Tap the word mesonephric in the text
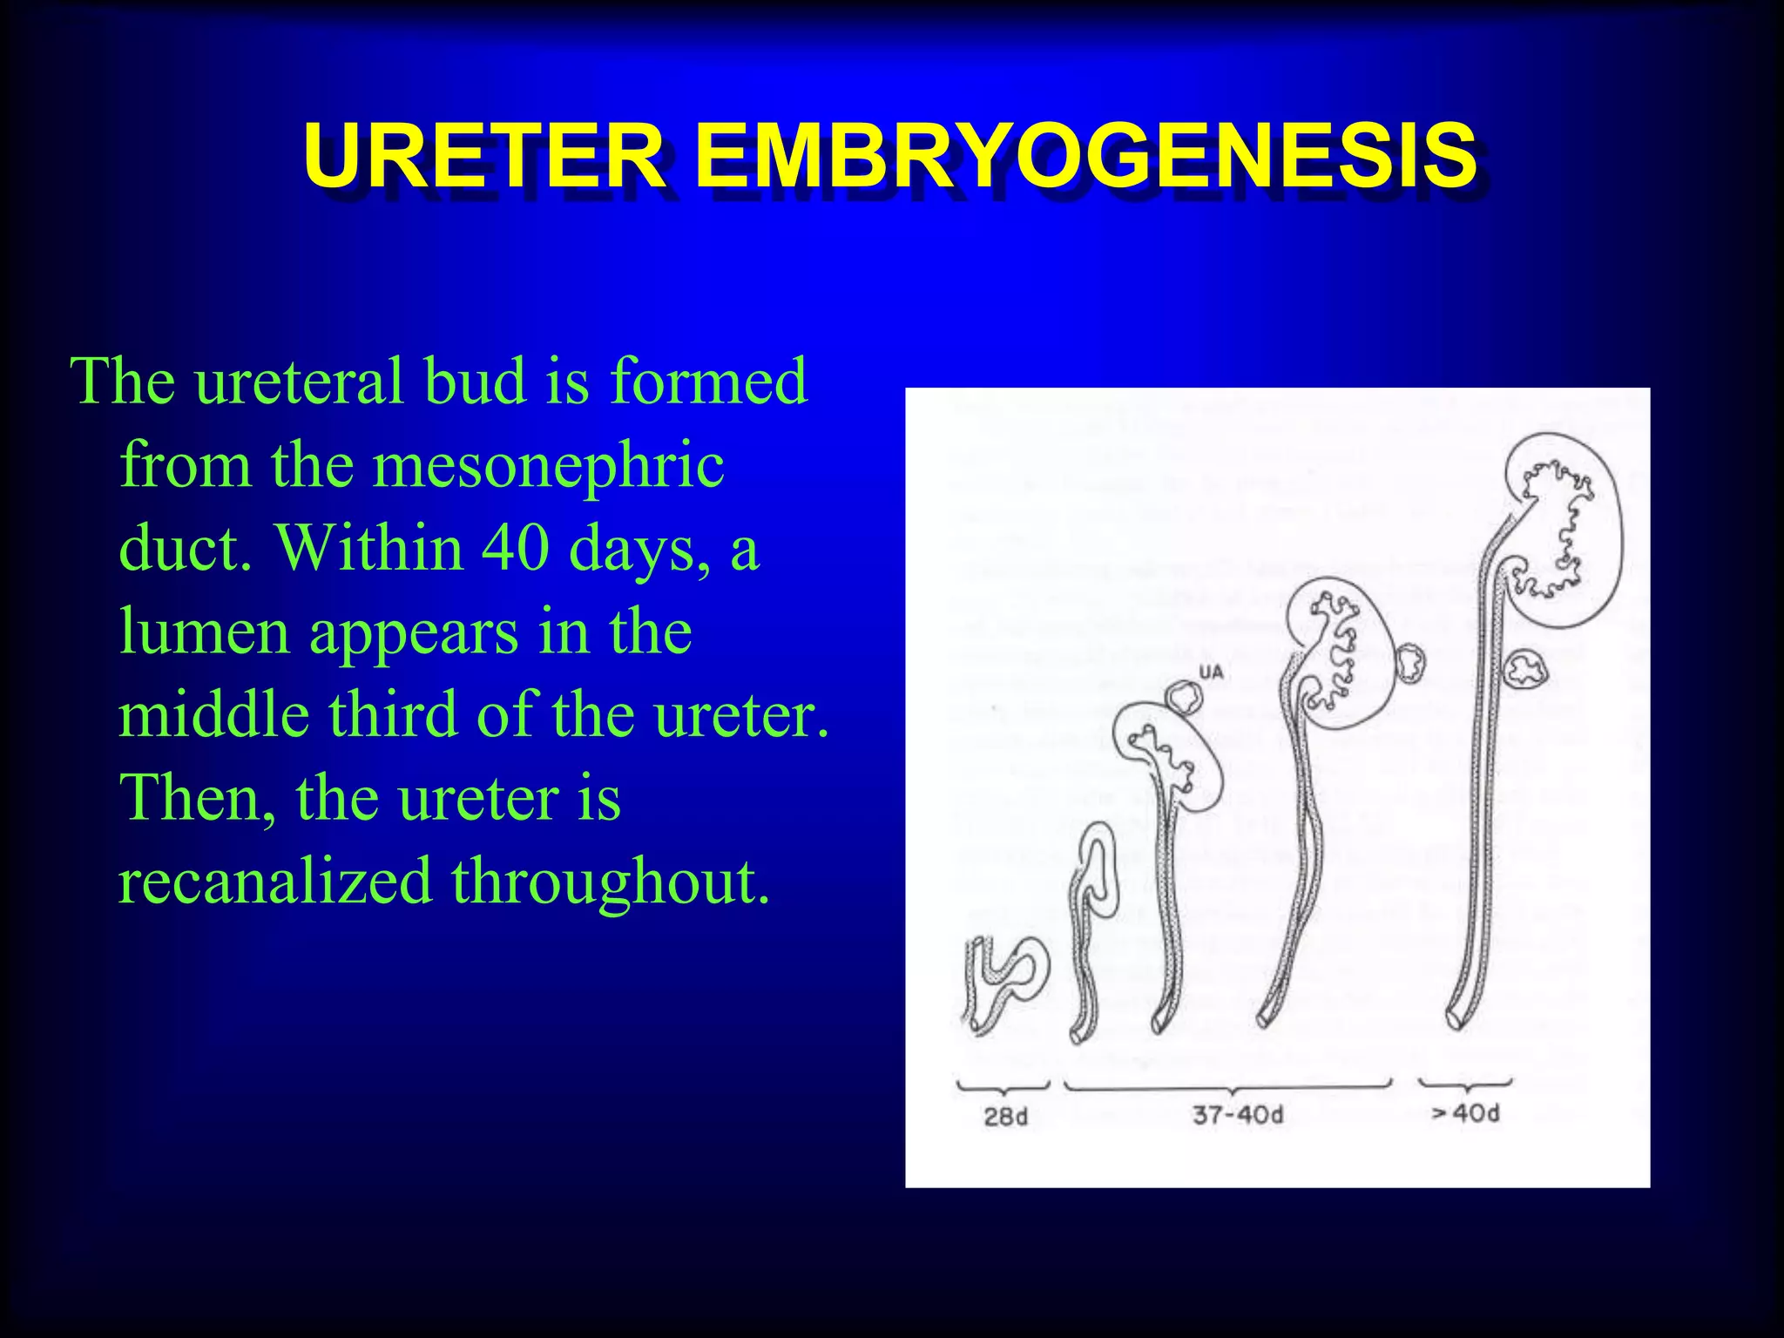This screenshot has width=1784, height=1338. point(549,464)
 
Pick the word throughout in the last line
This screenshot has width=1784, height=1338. point(611,882)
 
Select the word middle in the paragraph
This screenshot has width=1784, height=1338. point(213,713)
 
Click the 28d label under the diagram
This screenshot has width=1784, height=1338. point(1005,1116)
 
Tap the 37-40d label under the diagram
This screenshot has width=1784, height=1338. point(1237,1114)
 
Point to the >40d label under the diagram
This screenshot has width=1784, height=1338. point(1465,1112)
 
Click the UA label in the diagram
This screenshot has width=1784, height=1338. point(1212,672)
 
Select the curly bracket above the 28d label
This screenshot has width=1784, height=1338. point(1003,1087)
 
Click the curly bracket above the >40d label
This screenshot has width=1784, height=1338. point(1466,1085)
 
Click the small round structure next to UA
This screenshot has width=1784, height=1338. point(1185,697)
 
